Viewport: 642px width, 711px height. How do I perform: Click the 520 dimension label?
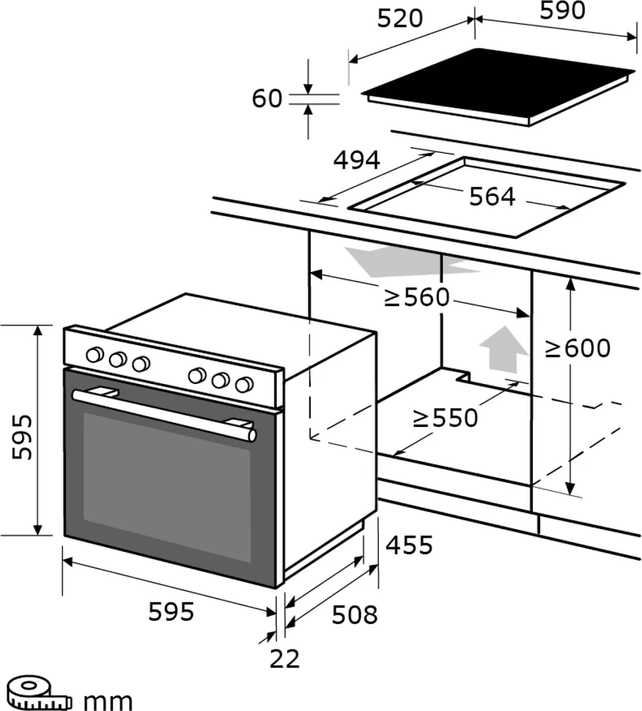point(399,19)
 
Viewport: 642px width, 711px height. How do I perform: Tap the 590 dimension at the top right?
point(562,10)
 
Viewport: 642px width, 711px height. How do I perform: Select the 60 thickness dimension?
point(267,99)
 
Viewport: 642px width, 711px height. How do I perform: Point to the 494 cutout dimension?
point(357,160)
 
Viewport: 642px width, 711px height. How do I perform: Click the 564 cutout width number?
point(492,197)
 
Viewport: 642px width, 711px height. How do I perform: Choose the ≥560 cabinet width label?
point(417,298)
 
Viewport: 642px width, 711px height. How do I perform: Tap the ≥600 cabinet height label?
point(577,348)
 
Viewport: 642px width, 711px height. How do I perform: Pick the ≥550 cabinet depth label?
point(445,418)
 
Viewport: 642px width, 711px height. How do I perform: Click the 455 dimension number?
point(409,546)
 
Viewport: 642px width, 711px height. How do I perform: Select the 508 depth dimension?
point(354,614)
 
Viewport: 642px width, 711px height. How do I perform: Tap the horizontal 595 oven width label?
point(171,612)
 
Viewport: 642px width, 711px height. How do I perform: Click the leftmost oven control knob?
point(93,355)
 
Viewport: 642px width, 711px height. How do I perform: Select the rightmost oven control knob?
point(244,384)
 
